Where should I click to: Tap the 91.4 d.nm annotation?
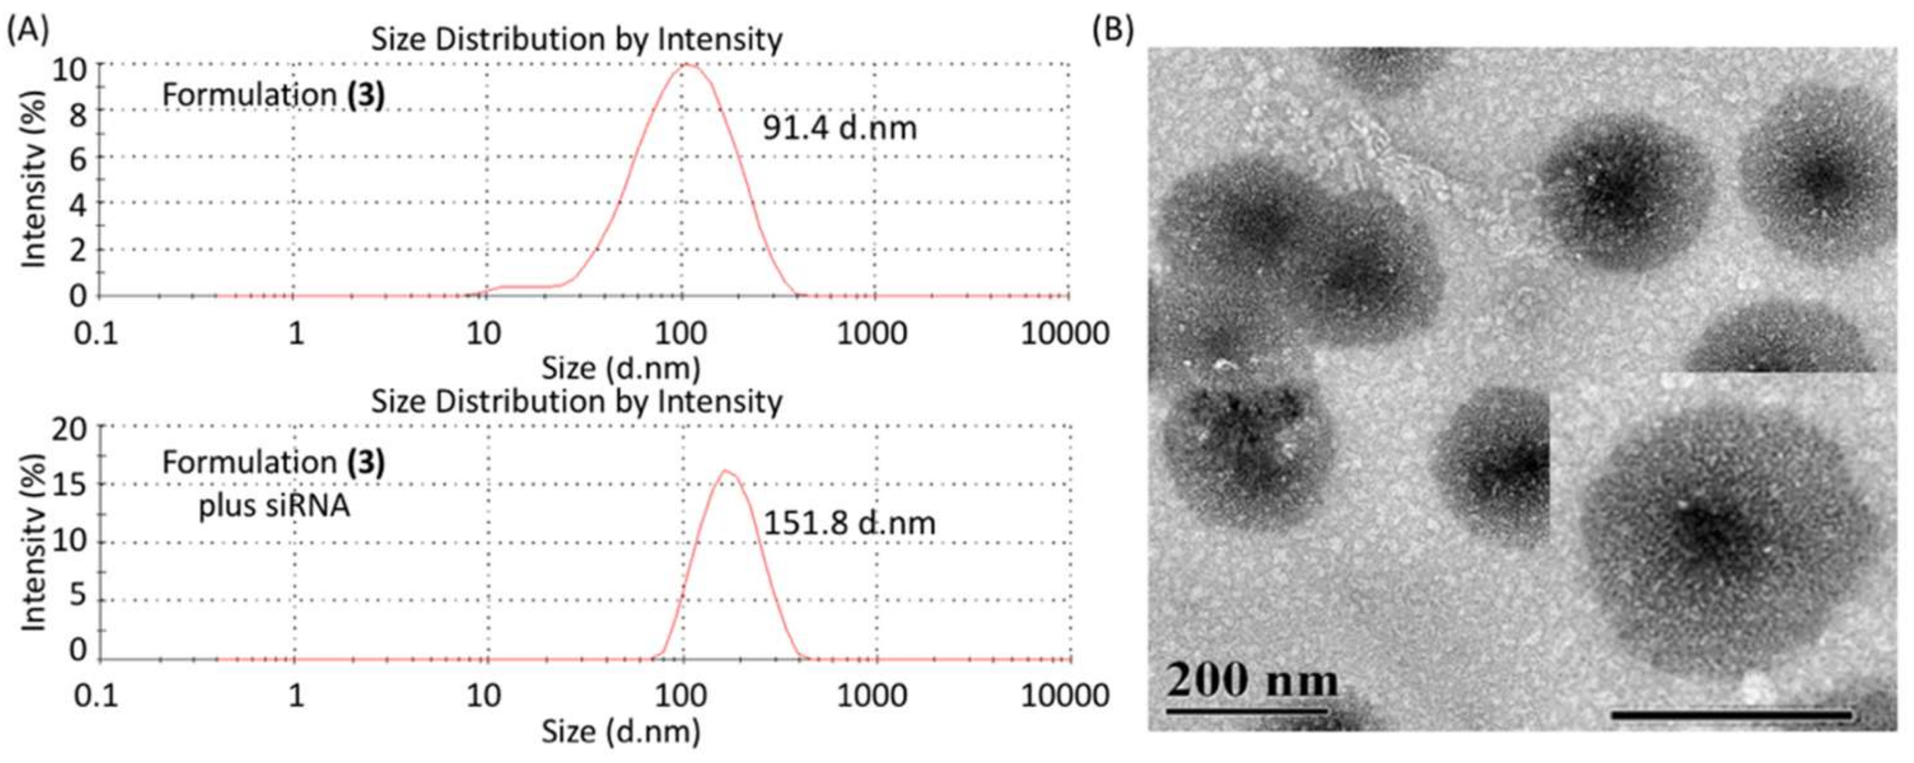pos(840,129)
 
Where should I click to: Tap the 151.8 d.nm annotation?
pos(849,524)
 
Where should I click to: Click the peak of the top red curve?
pos(688,65)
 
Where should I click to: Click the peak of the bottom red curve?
pos(726,470)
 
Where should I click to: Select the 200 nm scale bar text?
pos(1252,680)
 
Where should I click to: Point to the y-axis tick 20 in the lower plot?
pos(69,429)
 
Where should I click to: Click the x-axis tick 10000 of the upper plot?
pos(1065,333)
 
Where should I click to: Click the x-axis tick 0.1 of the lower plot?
pos(96,696)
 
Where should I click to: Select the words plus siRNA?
pos(273,507)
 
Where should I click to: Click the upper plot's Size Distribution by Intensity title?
pos(577,39)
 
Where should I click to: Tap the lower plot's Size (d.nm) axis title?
pos(621,733)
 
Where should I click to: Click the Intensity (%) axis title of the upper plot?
pos(32,179)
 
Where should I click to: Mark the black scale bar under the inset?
pos(1731,716)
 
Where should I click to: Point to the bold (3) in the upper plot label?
pos(366,95)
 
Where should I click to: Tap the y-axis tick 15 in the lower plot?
pos(69,484)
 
